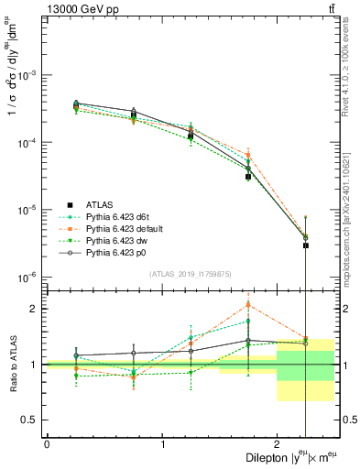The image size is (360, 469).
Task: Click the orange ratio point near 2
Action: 248,305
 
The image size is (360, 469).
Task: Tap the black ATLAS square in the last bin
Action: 306,245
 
